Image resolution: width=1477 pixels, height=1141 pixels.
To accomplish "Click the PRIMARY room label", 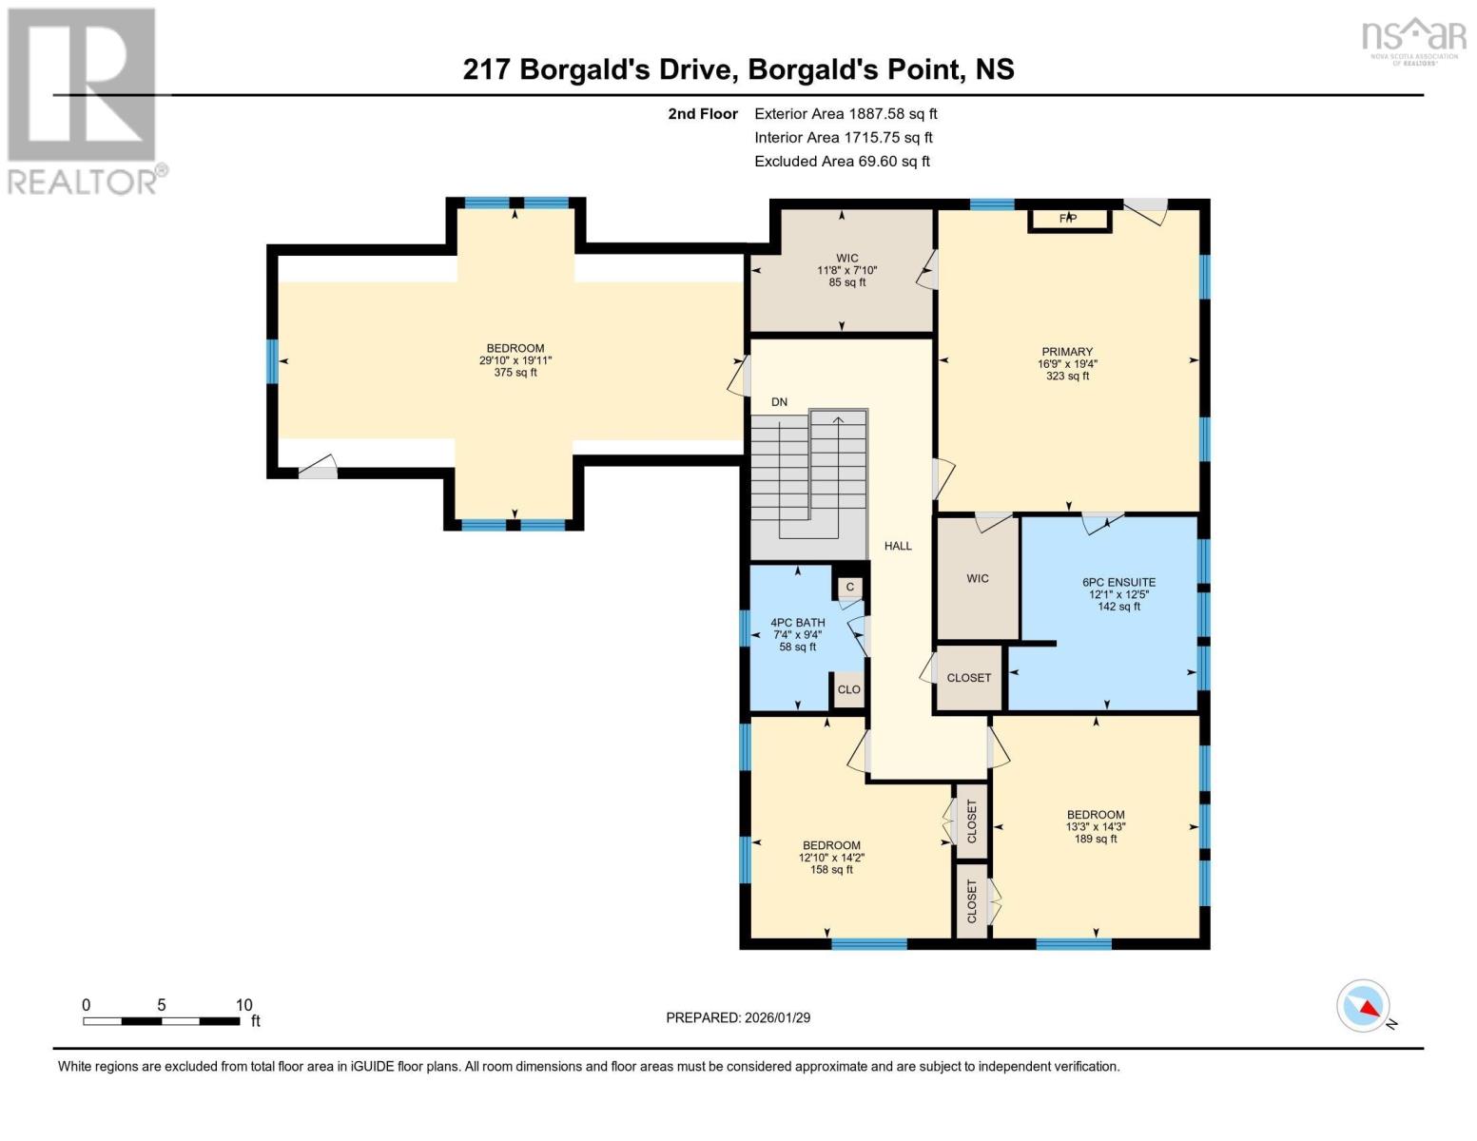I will pos(1066,352).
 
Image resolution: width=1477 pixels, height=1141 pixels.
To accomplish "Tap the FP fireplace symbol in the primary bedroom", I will pos(1068,219).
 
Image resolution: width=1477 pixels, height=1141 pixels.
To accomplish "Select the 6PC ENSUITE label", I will pos(1118,582).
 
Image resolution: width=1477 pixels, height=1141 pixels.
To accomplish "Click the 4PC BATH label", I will pos(797,623).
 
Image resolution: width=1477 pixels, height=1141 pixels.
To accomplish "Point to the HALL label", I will pos(898,546).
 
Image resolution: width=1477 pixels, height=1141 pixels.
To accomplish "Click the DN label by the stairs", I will pos(779,402).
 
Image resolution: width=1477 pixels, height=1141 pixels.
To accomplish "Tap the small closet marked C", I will pos(850,587).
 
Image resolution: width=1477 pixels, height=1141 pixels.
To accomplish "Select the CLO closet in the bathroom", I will pos(848,690).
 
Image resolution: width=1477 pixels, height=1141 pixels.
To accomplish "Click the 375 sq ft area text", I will pos(515,373).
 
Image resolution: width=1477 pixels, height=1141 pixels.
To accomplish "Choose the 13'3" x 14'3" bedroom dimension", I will pos(1096,827).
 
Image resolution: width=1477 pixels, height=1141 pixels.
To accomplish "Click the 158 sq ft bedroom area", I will pos(831,869).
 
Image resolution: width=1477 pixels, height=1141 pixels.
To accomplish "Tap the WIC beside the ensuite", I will pos(978,578).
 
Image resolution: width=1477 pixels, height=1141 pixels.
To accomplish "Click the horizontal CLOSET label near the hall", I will pos(968,678).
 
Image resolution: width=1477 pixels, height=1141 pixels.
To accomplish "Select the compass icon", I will pos(1364,1006).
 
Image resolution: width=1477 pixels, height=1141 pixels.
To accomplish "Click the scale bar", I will pos(162,1021).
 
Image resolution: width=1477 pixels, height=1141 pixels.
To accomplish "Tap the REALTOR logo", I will pos(84,101).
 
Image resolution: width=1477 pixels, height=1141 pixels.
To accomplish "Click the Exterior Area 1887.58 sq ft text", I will pos(845,114).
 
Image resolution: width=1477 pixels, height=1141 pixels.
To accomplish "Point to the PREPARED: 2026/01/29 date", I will pos(738,1017).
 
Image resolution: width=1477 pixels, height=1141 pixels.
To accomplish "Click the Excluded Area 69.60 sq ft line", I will pos(842,162).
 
